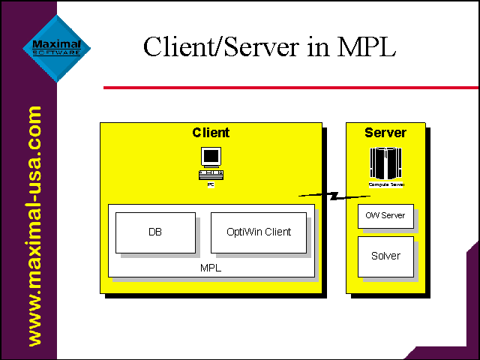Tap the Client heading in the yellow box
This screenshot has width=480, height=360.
pyautogui.click(x=211, y=133)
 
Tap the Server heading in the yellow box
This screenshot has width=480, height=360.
pyautogui.click(x=385, y=133)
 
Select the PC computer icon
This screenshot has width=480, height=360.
pyautogui.click(x=211, y=161)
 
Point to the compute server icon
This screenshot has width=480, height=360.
pyautogui.click(x=386, y=163)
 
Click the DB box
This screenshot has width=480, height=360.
pyautogui.click(x=155, y=232)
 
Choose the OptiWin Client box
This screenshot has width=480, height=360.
pyautogui.click(x=259, y=232)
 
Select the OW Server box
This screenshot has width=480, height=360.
pyautogui.click(x=385, y=216)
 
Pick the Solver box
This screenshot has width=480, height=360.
pyautogui.click(x=385, y=256)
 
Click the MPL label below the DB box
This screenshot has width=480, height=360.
pyautogui.click(x=211, y=268)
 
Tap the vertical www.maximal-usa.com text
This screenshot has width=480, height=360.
pyautogui.click(x=34, y=226)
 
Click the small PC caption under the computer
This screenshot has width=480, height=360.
pyautogui.click(x=211, y=184)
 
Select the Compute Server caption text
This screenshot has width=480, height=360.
pyautogui.click(x=386, y=184)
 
